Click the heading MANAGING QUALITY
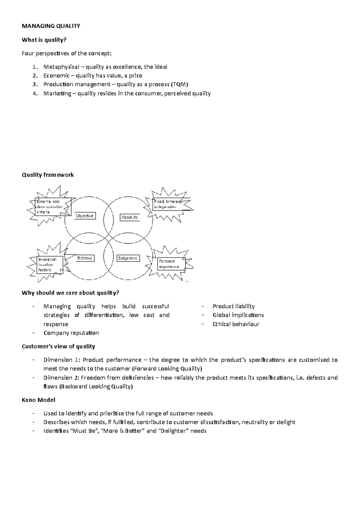[x=51, y=26]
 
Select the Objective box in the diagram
[x=85, y=216]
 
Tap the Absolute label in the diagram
[x=130, y=217]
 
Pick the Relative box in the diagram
[x=85, y=258]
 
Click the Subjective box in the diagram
[x=128, y=258]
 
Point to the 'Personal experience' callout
[x=171, y=264]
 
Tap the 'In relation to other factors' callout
[x=47, y=264]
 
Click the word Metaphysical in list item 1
[x=61, y=67]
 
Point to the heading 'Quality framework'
[x=48, y=175]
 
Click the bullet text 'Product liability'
[x=233, y=306]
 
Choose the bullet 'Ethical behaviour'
[x=236, y=324]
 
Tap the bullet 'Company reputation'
[x=71, y=333]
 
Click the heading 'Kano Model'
[x=38, y=400]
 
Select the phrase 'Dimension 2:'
[x=61, y=378]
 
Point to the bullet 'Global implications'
[x=238, y=315]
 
